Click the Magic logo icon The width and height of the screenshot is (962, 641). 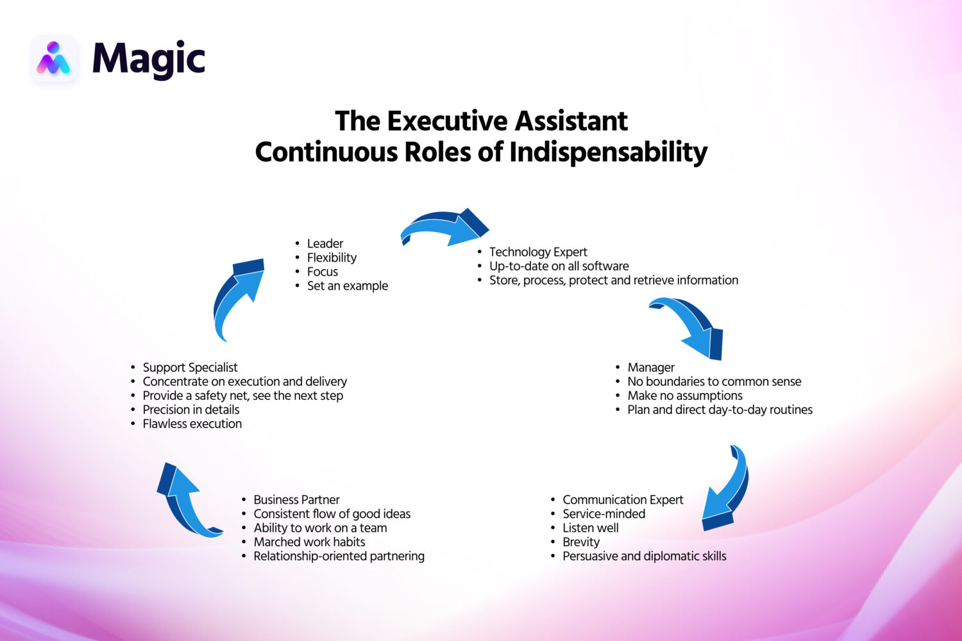coord(53,59)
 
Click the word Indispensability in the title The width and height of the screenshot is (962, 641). coord(608,153)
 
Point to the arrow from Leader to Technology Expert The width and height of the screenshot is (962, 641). coord(444,228)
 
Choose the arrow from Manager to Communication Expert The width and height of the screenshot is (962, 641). coord(728,490)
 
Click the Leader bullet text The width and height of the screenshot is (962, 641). coord(325,244)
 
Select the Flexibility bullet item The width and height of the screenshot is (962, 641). coord(332,258)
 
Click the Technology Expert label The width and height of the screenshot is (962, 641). coord(538,252)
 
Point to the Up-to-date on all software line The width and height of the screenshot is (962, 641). coord(559,266)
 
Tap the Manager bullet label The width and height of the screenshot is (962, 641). coord(651,367)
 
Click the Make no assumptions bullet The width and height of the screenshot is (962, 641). coord(685,395)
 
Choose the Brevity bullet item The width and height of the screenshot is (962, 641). coord(581,542)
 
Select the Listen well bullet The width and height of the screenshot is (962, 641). coord(591,528)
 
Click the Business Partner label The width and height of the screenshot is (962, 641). coord(296,499)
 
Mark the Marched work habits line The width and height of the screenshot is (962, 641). coord(309,542)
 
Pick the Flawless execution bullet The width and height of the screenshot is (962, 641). coord(192,424)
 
